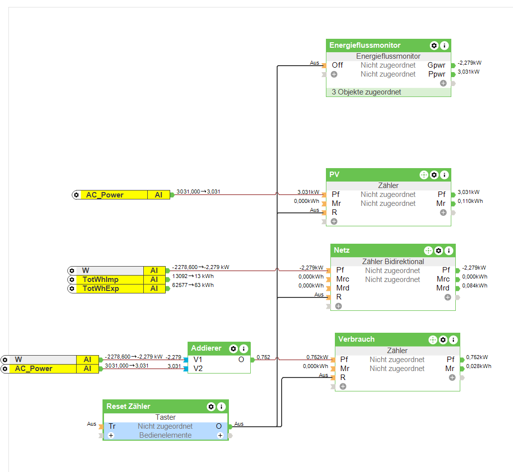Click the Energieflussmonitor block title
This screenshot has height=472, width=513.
click(x=365, y=45)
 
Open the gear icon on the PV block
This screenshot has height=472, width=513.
click(x=434, y=175)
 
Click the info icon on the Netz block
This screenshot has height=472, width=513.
click(x=449, y=250)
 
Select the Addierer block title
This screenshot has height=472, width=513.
click(x=206, y=348)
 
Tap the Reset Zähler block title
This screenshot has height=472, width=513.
click(x=128, y=406)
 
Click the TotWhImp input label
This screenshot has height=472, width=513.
click(x=101, y=280)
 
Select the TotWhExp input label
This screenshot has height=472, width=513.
click(x=101, y=288)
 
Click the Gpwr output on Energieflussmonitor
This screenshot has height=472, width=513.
click(x=436, y=65)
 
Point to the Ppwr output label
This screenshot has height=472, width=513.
click(x=436, y=74)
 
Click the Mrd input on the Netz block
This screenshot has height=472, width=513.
click(x=343, y=288)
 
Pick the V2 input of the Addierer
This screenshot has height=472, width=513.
click(x=198, y=369)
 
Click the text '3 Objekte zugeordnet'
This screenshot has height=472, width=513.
click(x=366, y=92)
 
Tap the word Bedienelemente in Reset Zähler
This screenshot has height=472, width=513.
click(x=165, y=435)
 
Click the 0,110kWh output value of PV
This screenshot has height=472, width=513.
click(x=470, y=201)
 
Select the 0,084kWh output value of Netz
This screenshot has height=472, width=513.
click(x=475, y=285)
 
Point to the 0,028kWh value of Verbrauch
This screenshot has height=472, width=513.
click(x=479, y=366)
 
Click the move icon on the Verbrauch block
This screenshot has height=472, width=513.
click(x=432, y=340)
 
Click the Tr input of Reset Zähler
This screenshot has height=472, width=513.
click(x=112, y=426)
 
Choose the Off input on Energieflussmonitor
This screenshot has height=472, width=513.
click(x=337, y=65)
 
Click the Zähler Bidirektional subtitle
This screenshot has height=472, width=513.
click(x=393, y=262)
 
